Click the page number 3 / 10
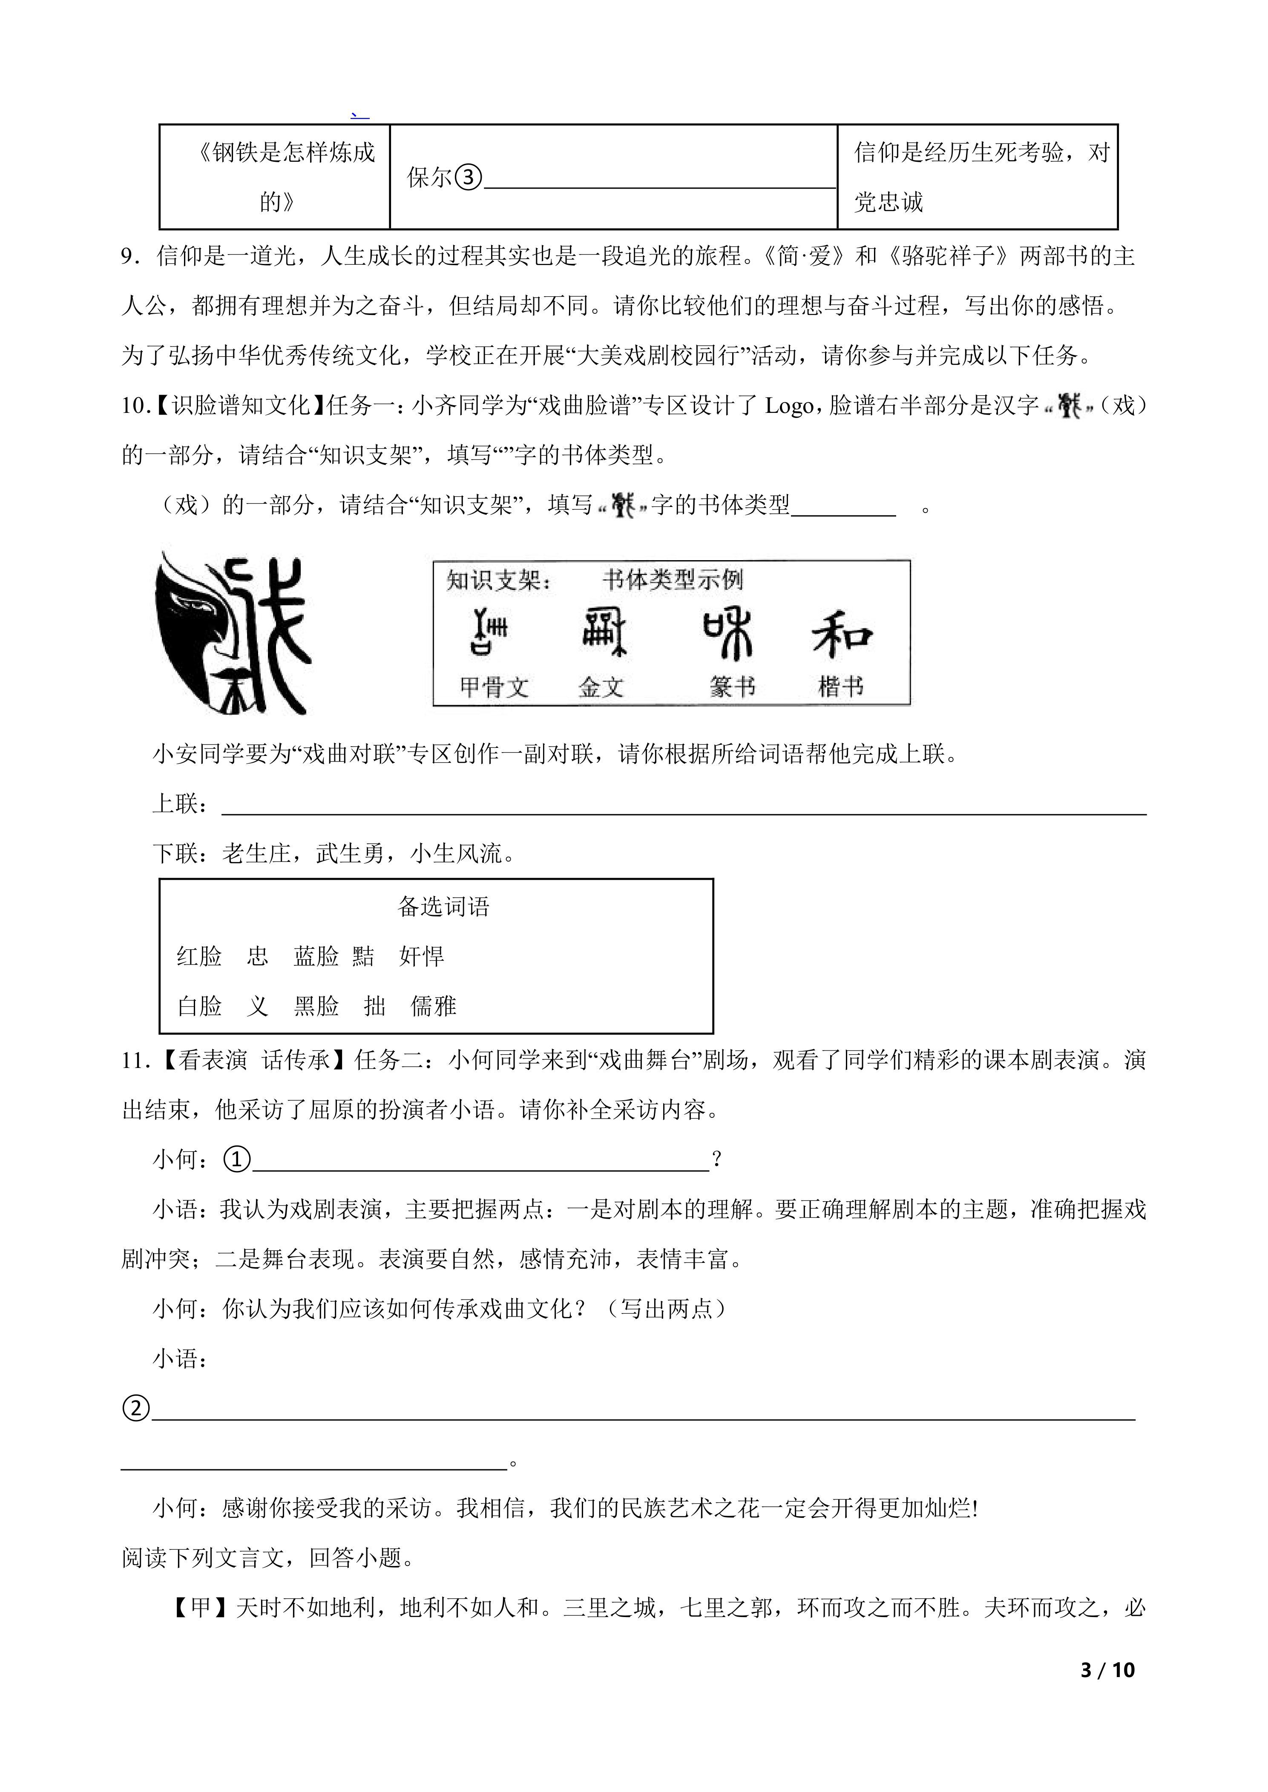(x=1107, y=1669)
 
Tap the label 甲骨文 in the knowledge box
(x=494, y=687)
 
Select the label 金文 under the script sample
(x=601, y=687)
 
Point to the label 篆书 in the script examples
(x=732, y=686)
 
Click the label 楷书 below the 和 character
(x=840, y=686)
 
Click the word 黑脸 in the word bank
(x=316, y=1006)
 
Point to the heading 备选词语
(x=443, y=906)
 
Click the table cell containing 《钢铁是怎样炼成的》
(x=275, y=177)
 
